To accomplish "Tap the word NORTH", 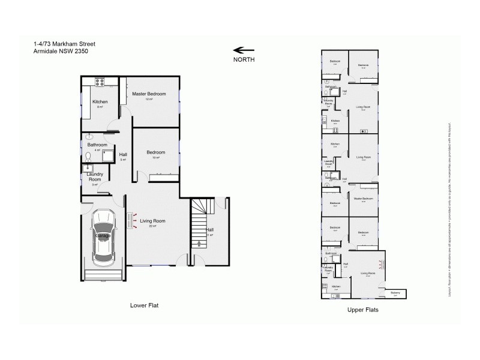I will point(244,60).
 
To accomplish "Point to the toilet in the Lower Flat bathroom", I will point(88,157).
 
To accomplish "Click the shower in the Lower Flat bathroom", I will point(109,157).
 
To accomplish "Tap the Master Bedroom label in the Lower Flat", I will point(149,94).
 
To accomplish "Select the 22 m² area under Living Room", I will point(153,226).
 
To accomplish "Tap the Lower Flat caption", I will point(144,305).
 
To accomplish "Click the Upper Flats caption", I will point(362,310).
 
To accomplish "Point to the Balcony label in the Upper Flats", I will point(395,293).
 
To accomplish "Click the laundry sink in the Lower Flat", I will point(88,169).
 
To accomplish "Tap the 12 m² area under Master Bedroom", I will point(149,99).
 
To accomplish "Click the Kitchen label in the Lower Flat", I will point(100,102).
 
